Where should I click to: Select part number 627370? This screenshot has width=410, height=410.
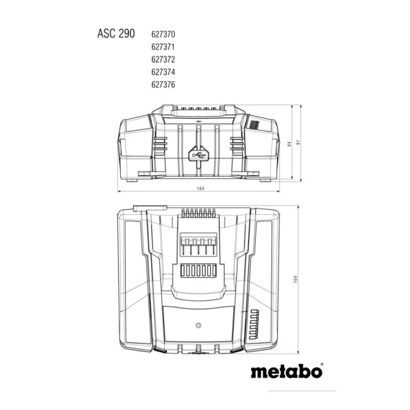[163, 33]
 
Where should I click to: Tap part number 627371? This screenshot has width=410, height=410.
[163, 46]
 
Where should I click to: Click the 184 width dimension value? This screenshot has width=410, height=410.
[204, 189]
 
